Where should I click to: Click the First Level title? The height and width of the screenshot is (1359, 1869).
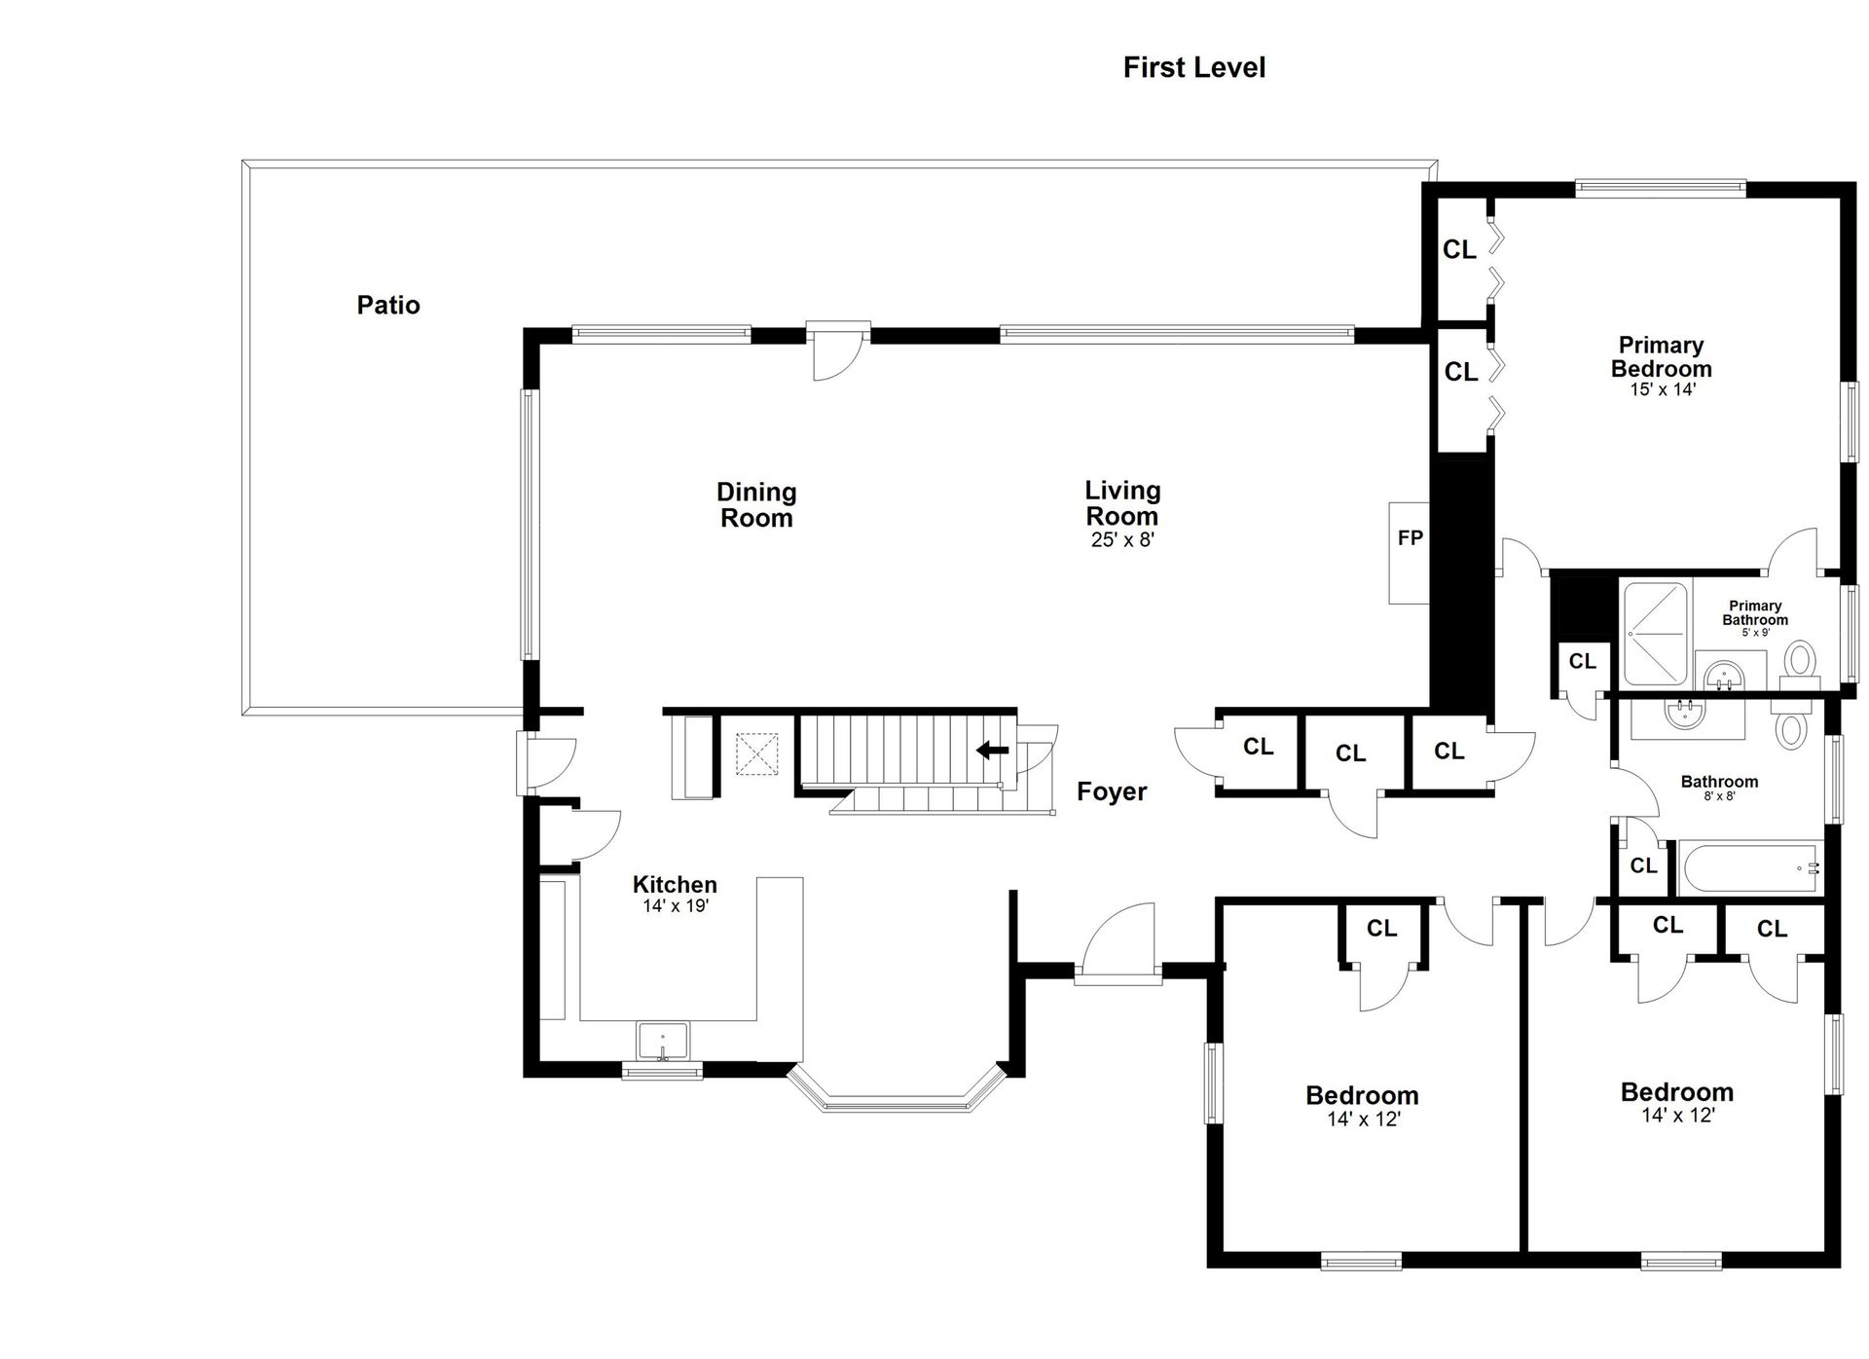point(1193,67)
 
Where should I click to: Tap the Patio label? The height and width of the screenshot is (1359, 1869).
point(388,306)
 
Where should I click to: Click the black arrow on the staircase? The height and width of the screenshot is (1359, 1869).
point(992,750)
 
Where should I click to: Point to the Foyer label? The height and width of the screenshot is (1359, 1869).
point(1112,791)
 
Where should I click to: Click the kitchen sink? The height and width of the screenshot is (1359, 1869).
point(662,1041)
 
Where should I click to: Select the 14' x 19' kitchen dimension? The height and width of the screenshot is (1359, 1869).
point(675,906)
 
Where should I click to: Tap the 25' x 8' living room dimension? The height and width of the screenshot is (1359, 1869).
point(1122,539)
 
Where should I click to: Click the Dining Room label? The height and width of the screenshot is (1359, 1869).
point(756,504)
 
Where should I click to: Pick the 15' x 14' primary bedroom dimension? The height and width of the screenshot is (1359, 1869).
point(1663,389)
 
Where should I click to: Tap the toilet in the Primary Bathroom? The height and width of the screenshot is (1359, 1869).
point(1800,662)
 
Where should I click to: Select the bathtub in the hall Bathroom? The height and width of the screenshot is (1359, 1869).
point(1749,867)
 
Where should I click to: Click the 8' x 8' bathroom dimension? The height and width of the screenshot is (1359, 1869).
point(1719,796)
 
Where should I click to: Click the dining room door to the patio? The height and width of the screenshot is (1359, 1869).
point(838,351)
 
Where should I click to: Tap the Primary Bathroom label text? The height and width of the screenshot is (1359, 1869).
point(1755,613)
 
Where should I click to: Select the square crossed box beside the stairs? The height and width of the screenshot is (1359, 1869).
point(756,754)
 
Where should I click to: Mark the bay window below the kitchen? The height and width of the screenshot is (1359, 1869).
point(895,1095)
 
